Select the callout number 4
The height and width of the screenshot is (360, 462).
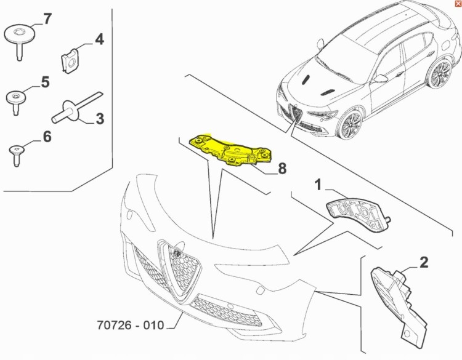(x=99, y=40)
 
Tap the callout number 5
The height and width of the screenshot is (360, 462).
(x=45, y=82)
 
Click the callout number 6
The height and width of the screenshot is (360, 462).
(x=47, y=136)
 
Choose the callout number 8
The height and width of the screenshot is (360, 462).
(x=282, y=167)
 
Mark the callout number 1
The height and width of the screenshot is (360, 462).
(x=318, y=184)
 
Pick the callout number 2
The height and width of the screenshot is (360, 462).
(x=424, y=263)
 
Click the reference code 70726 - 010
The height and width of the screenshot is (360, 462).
(x=130, y=324)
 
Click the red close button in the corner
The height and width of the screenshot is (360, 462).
(x=456, y=4)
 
